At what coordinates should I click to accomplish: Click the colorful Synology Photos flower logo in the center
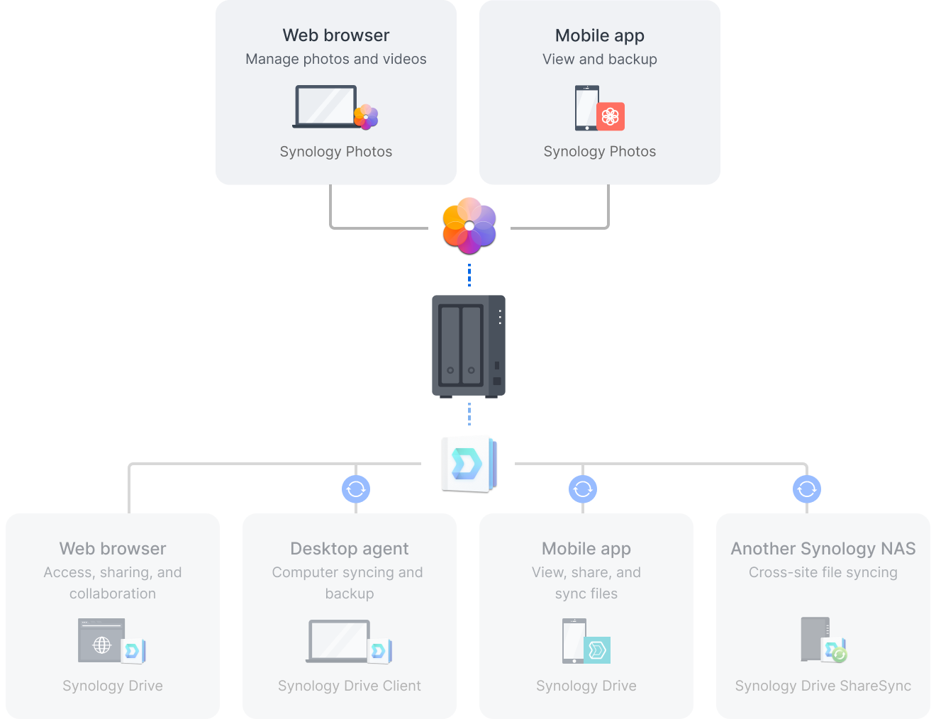click(x=469, y=225)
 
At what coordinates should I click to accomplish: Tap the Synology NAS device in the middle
click(x=468, y=346)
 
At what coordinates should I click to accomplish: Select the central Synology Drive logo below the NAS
click(x=469, y=464)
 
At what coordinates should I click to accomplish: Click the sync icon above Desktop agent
click(x=356, y=489)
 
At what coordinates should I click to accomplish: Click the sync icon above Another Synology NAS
click(x=806, y=489)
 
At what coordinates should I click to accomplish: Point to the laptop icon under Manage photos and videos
click(x=326, y=107)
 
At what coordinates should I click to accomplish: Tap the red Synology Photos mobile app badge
click(x=611, y=116)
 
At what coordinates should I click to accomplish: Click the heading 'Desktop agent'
click(x=349, y=549)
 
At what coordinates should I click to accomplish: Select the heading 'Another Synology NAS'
click(x=823, y=549)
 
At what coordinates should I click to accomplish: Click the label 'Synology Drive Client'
click(x=349, y=686)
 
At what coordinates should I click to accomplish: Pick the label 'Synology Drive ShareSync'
click(x=823, y=686)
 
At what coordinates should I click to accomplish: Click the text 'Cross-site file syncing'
click(x=823, y=572)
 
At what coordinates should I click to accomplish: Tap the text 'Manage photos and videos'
click(x=335, y=59)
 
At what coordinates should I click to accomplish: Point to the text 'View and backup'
click(x=599, y=59)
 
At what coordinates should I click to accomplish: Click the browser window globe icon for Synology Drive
click(x=102, y=644)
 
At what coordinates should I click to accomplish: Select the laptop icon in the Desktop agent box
click(x=339, y=641)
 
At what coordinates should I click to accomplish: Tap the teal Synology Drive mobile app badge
click(x=597, y=650)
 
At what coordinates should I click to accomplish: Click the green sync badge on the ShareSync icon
click(x=839, y=654)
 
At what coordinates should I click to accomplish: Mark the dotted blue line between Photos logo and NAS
click(x=469, y=275)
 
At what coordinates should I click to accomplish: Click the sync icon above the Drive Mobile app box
click(x=582, y=489)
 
